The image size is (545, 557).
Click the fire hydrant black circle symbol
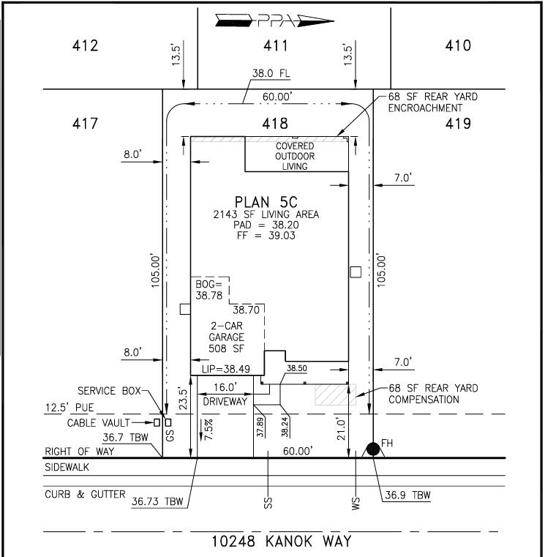[373, 449]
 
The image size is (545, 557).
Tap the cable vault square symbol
[157, 423]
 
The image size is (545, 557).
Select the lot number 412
[85, 46]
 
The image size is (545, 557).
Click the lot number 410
[458, 46]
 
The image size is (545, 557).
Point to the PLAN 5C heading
[266, 202]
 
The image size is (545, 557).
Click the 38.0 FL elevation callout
[271, 73]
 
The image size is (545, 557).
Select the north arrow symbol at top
[274, 21]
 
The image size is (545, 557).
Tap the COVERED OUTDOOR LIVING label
[295, 156]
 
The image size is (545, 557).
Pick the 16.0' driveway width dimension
[225, 387]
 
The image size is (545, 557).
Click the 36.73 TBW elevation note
[157, 501]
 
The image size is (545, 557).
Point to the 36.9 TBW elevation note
[407, 495]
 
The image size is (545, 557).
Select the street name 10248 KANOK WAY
[282, 541]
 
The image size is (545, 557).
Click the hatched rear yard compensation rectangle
[336, 395]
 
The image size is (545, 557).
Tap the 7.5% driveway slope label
[208, 429]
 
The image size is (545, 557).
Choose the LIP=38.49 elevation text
[226, 369]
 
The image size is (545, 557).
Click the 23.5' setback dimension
[183, 398]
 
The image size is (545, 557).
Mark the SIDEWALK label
[67, 467]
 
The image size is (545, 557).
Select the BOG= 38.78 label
[208, 290]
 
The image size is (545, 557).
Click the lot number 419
[458, 124]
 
